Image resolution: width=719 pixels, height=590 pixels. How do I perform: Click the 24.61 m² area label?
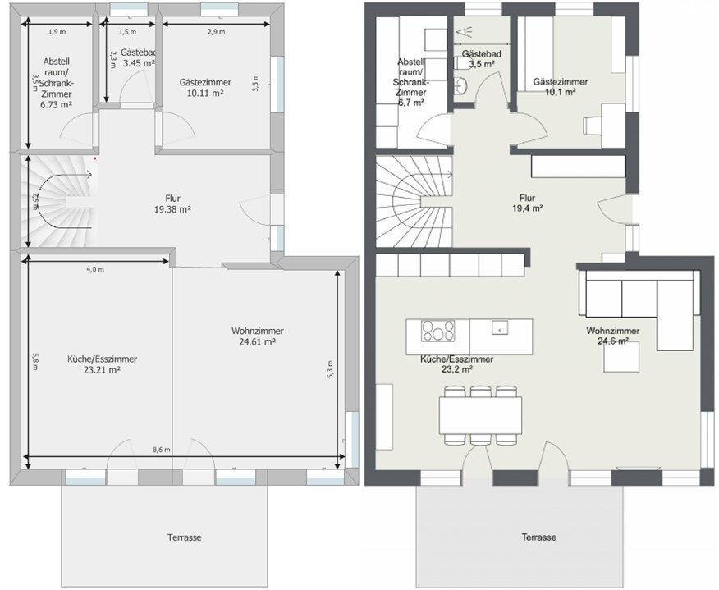(x=257, y=341)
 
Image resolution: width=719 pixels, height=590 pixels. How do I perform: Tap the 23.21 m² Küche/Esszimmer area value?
(x=102, y=370)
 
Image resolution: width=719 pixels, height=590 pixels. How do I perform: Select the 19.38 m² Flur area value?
(x=173, y=209)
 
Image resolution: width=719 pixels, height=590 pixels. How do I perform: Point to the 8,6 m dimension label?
(x=162, y=450)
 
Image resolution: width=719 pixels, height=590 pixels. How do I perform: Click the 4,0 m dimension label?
(x=95, y=269)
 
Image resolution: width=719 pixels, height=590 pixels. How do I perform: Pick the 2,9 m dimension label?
(x=217, y=32)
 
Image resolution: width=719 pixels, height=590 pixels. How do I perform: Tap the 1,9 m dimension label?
(x=57, y=32)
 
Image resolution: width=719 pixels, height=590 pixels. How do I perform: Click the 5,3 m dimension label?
(x=331, y=369)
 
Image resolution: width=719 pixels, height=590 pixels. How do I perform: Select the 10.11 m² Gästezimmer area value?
(x=205, y=93)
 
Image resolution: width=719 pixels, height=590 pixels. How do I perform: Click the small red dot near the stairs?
(x=95, y=158)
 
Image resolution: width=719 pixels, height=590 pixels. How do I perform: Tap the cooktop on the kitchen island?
(x=438, y=331)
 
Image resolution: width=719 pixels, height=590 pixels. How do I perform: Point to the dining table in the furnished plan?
(x=480, y=415)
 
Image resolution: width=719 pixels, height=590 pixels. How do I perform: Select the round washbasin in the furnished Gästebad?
(x=462, y=85)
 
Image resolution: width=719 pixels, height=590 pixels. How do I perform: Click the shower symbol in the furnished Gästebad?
(x=465, y=32)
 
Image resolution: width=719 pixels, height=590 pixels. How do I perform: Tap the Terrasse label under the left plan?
(x=185, y=537)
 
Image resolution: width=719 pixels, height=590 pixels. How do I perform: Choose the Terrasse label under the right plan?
(x=538, y=537)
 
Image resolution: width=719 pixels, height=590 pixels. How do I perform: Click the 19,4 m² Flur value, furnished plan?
(x=528, y=208)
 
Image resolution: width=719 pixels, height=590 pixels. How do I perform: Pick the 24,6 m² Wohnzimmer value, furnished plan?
(x=613, y=341)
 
